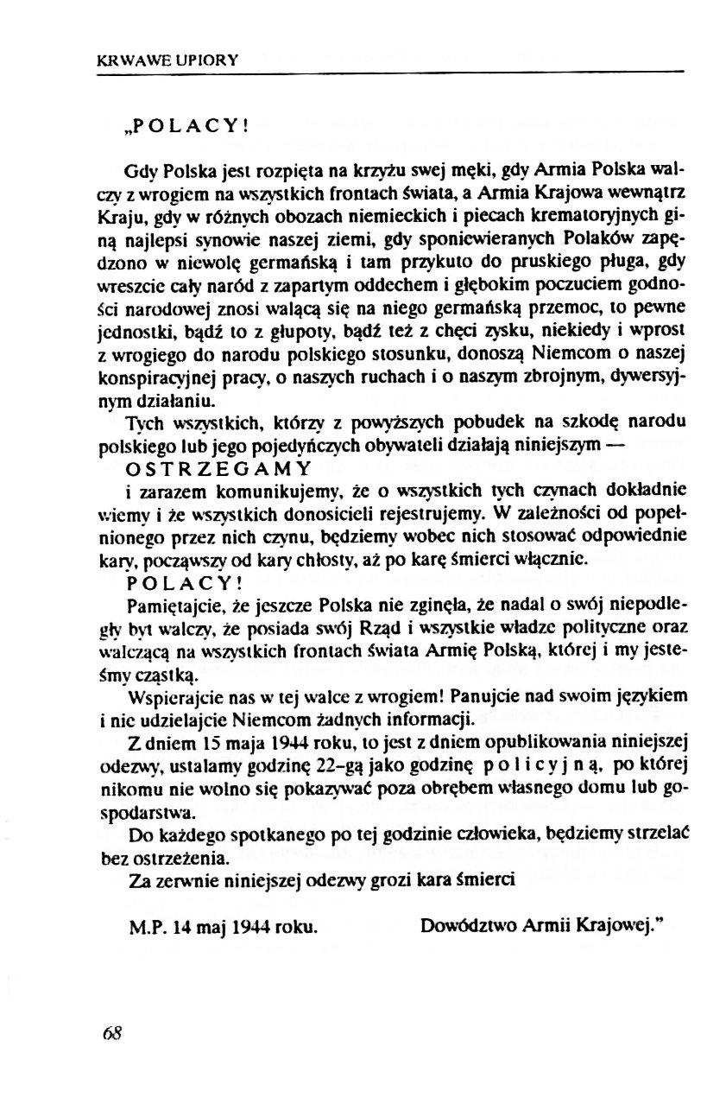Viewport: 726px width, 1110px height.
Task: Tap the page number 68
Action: [110, 1034]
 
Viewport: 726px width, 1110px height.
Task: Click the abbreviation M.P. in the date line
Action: [145, 928]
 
